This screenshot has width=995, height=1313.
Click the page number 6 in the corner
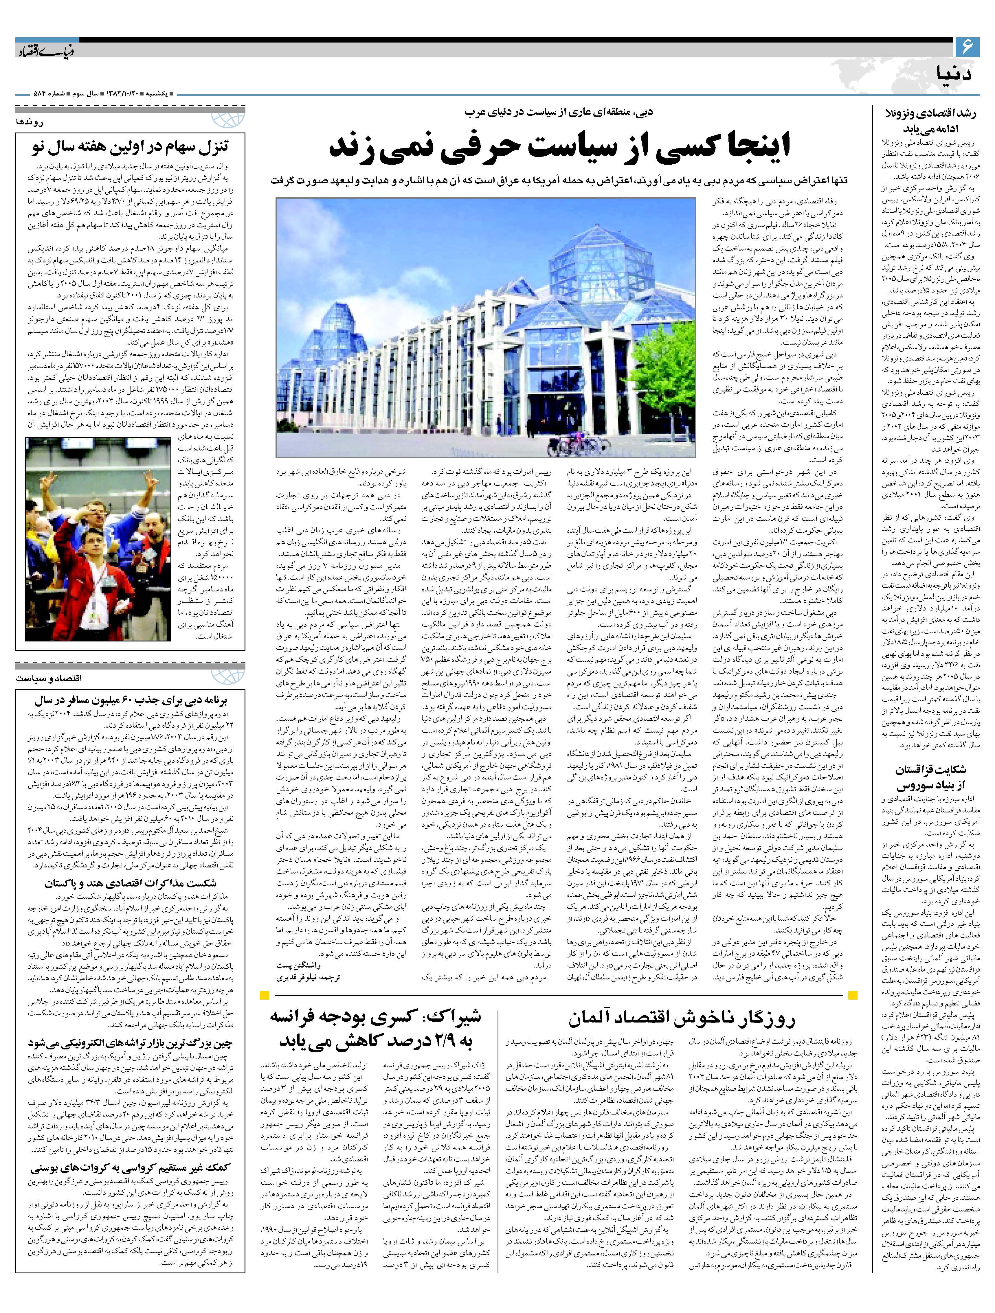(966, 46)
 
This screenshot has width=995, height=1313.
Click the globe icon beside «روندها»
(236, 119)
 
